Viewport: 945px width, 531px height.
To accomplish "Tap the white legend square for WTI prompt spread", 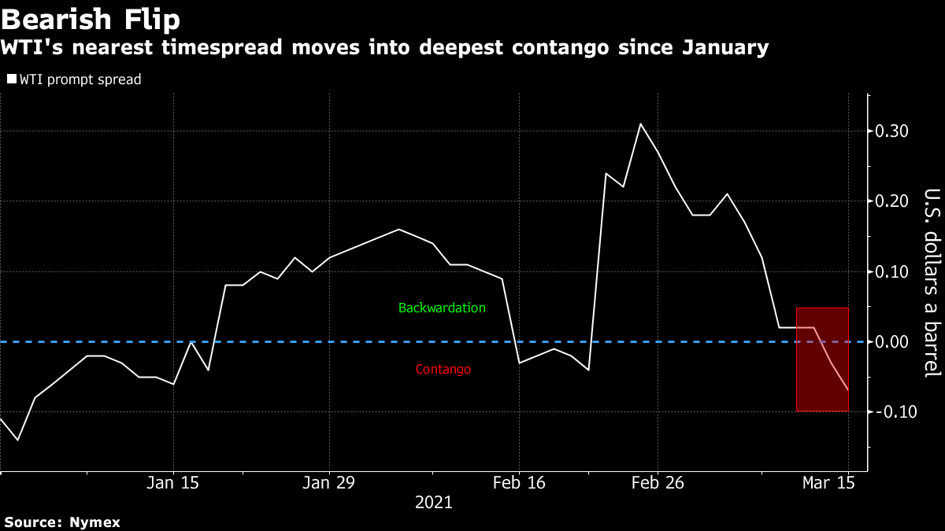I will click(x=11, y=79).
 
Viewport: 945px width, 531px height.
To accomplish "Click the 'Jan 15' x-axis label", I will click(x=173, y=483).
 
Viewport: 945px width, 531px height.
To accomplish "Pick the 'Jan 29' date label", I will click(x=328, y=483).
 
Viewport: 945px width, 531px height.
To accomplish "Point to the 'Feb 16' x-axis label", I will click(x=518, y=483).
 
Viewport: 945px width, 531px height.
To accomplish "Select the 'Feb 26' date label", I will click(x=657, y=483).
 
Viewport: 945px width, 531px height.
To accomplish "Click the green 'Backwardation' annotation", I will click(x=442, y=308).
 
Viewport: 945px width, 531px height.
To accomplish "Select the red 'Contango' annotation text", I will click(x=443, y=369).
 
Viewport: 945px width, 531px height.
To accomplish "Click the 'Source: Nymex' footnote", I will click(x=62, y=522).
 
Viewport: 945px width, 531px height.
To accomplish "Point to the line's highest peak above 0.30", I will click(x=640, y=124).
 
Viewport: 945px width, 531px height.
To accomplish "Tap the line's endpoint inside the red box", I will click(x=847, y=390).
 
